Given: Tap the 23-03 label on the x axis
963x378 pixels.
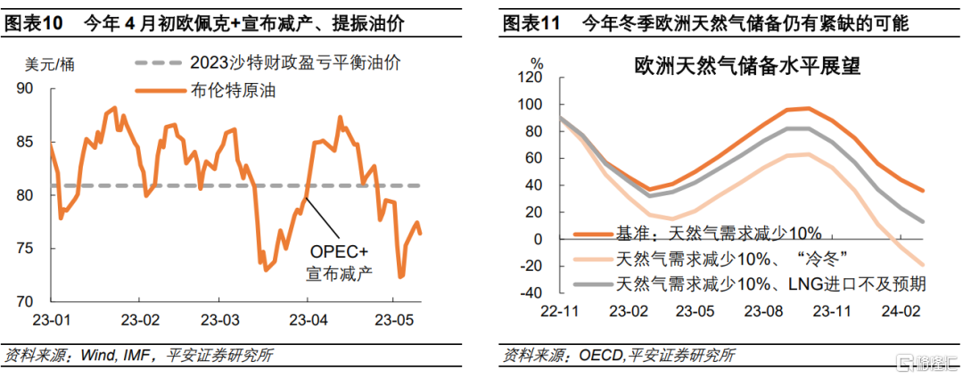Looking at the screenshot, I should tap(219, 319).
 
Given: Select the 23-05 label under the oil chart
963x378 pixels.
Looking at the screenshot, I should tap(392, 319).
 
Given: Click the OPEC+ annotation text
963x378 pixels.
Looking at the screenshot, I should tap(340, 251).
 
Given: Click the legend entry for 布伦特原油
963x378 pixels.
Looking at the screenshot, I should tap(226, 90).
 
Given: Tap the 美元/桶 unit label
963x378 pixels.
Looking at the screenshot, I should tap(45, 63).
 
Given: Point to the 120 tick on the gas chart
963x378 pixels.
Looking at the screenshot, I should tap(530, 78).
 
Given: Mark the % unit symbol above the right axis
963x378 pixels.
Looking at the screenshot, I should tap(537, 63).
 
